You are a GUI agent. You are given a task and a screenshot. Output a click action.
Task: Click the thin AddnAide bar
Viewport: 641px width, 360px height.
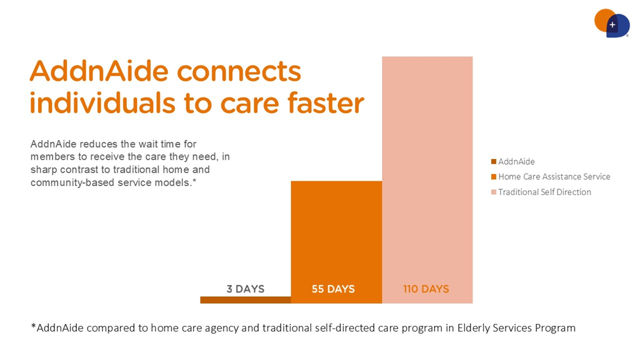point(245,300)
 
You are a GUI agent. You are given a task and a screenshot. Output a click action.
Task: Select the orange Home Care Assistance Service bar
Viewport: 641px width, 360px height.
point(337,242)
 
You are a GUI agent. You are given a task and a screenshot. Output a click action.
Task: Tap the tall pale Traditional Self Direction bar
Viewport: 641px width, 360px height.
point(427,180)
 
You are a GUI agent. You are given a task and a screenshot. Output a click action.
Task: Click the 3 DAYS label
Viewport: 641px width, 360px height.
point(245,289)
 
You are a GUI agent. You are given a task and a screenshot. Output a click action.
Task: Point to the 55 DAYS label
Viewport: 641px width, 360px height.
point(333,289)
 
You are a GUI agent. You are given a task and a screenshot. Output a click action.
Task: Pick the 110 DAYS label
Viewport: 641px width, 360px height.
point(426,289)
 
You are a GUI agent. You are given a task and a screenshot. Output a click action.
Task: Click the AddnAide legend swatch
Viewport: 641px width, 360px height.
point(494,162)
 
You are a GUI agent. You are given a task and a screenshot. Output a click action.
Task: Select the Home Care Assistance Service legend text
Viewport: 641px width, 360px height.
point(554,177)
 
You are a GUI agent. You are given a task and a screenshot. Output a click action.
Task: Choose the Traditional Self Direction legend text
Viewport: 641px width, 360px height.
point(544,192)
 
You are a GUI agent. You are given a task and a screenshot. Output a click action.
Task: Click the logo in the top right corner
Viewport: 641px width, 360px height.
point(612,23)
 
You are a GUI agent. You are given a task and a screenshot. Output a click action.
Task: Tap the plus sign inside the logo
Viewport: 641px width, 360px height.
point(612,25)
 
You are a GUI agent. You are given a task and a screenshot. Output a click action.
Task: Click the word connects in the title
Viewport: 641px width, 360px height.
point(239,72)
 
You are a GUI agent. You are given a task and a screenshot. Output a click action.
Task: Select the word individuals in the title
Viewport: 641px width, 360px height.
point(103,102)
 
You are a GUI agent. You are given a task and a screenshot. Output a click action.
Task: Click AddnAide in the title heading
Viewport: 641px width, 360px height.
point(99,71)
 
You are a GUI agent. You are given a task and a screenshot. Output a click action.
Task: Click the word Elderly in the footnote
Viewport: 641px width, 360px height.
point(473,328)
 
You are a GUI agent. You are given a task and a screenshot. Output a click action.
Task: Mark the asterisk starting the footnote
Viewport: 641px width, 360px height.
point(34,326)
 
